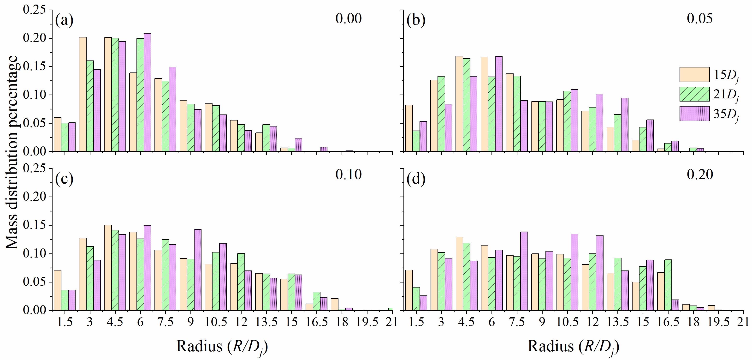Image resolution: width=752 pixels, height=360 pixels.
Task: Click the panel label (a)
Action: click(64, 21)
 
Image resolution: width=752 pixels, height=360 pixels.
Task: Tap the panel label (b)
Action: click(416, 21)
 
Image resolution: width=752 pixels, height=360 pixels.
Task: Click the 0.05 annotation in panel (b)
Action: click(699, 18)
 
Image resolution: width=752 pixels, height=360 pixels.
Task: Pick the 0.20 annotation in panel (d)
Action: click(700, 174)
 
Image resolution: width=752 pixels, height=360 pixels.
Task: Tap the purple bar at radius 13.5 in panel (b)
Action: click(625, 125)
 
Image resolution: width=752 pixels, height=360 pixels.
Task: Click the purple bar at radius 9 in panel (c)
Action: click(198, 270)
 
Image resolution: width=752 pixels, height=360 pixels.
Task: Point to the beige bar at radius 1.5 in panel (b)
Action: click(409, 128)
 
